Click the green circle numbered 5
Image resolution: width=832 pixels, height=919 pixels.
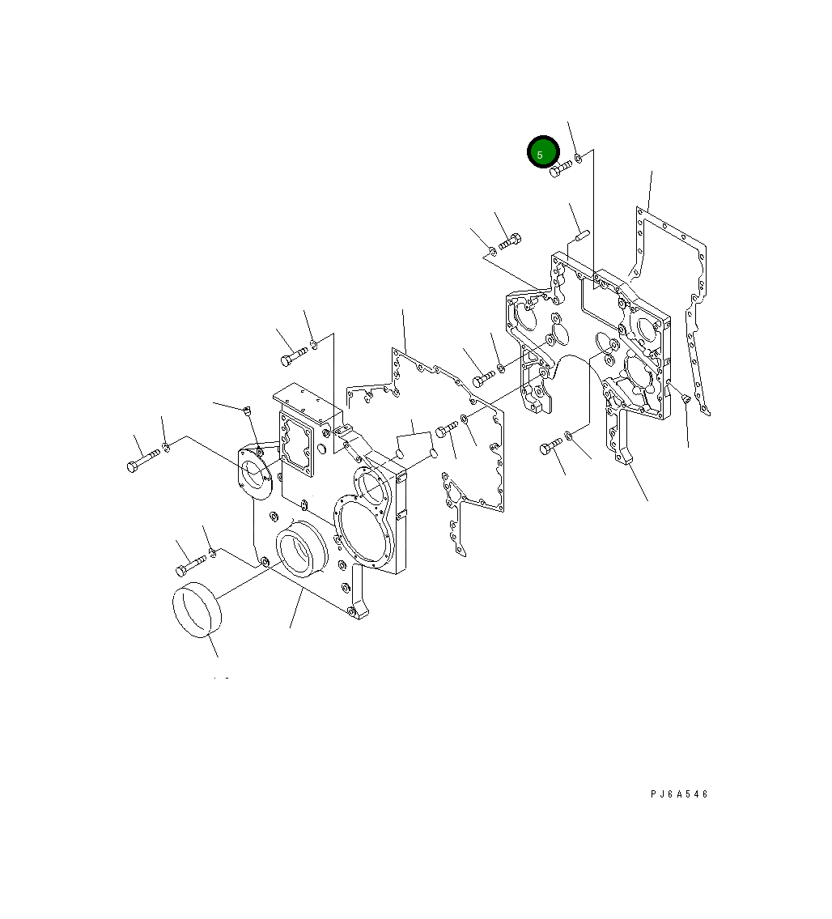point(543,151)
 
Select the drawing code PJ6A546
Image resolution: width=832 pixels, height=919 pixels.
point(679,794)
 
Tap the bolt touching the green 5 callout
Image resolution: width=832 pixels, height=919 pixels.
point(561,168)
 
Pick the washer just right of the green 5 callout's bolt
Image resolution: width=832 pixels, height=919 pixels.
point(578,158)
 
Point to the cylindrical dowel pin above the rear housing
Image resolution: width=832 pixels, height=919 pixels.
point(583,236)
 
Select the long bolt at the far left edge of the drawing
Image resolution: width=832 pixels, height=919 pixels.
point(143,460)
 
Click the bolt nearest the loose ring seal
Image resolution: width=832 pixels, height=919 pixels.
point(190,565)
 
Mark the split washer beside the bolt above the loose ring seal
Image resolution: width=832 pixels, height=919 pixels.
point(213,552)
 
